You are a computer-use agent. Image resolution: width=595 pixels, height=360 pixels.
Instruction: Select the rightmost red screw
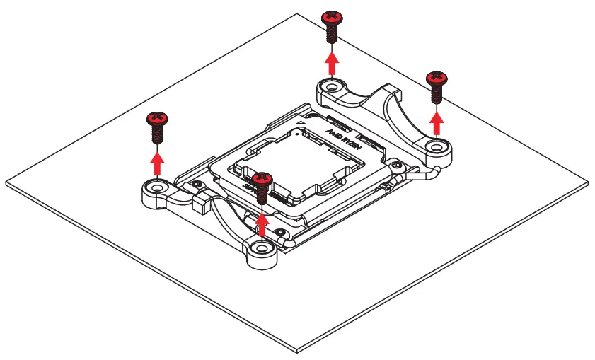pyautogui.click(x=437, y=84)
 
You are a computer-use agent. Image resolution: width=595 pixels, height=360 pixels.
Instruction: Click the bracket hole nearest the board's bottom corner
pyautogui.click(x=263, y=250)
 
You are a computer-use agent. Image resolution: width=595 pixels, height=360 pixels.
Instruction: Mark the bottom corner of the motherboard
pyautogui.click(x=298, y=352)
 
